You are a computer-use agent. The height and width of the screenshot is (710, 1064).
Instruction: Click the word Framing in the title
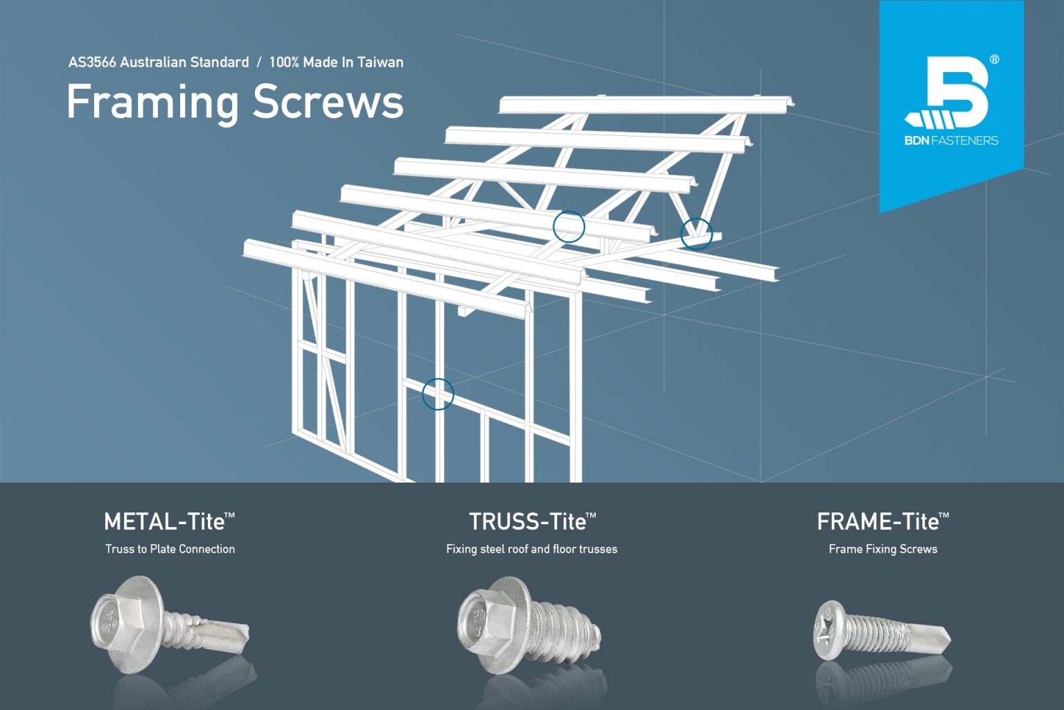tap(152, 103)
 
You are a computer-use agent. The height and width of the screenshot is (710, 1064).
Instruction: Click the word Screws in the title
tap(328, 103)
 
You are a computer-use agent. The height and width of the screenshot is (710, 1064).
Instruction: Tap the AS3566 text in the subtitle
tap(92, 62)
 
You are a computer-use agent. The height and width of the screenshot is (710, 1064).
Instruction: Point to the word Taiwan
tap(380, 62)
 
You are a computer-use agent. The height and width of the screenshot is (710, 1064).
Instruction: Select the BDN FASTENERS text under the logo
tap(951, 141)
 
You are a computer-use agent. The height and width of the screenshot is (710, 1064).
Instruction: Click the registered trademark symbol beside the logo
tap(995, 60)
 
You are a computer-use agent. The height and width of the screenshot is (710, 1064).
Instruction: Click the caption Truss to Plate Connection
tap(170, 549)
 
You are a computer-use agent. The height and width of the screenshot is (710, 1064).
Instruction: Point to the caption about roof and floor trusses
tap(532, 549)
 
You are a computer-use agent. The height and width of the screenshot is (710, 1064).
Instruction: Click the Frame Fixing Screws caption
tap(883, 549)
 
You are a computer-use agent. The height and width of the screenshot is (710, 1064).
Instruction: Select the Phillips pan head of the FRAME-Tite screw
tap(831, 629)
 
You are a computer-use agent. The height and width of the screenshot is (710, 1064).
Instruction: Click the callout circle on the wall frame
tap(438, 394)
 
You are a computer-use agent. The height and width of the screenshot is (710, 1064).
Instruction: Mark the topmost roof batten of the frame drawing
tap(644, 105)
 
